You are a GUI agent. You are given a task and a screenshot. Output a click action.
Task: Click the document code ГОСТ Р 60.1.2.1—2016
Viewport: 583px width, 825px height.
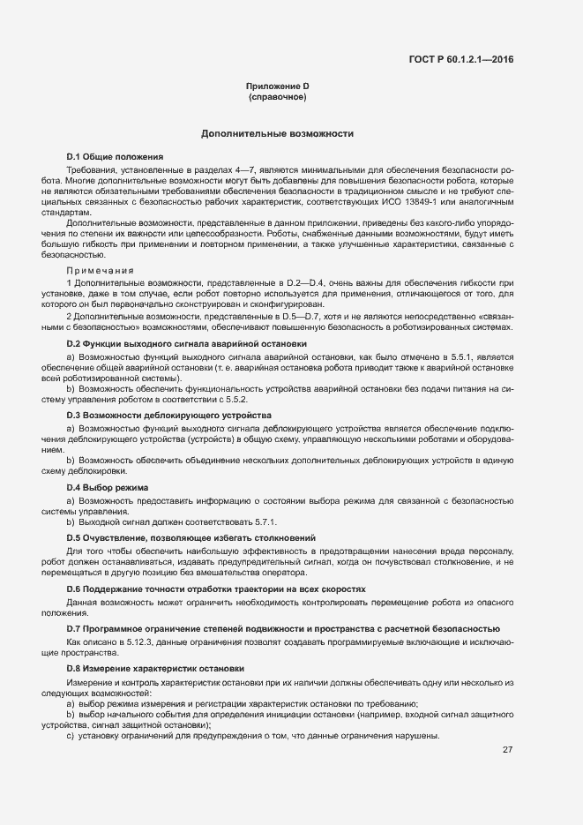(x=461, y=60)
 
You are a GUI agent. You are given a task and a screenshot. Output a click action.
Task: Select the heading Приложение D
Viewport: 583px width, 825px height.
(x=277, y=86)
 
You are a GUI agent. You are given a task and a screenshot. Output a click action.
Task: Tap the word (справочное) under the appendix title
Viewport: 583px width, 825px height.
(x=277, y=97)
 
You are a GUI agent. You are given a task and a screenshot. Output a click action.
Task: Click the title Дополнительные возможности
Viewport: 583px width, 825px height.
(x=277, y=134)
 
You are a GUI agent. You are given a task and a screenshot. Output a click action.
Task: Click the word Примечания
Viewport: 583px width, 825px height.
(x=100, y=270)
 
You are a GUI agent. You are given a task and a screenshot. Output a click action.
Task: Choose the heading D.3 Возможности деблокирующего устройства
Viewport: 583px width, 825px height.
(x=168, y=415)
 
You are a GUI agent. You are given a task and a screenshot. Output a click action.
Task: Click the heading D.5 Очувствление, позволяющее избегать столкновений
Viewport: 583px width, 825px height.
(x=191, y=537)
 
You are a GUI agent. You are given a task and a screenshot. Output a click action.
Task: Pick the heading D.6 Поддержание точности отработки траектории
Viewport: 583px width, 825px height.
(x=216, y=589)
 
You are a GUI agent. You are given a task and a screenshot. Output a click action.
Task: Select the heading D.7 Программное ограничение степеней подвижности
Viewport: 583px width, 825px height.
(x=284, y=628)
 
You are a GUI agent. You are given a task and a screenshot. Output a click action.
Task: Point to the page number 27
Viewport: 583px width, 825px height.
(x=507, y=750)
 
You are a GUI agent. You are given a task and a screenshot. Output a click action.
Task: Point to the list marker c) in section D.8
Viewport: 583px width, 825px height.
(x=71, y=736)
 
